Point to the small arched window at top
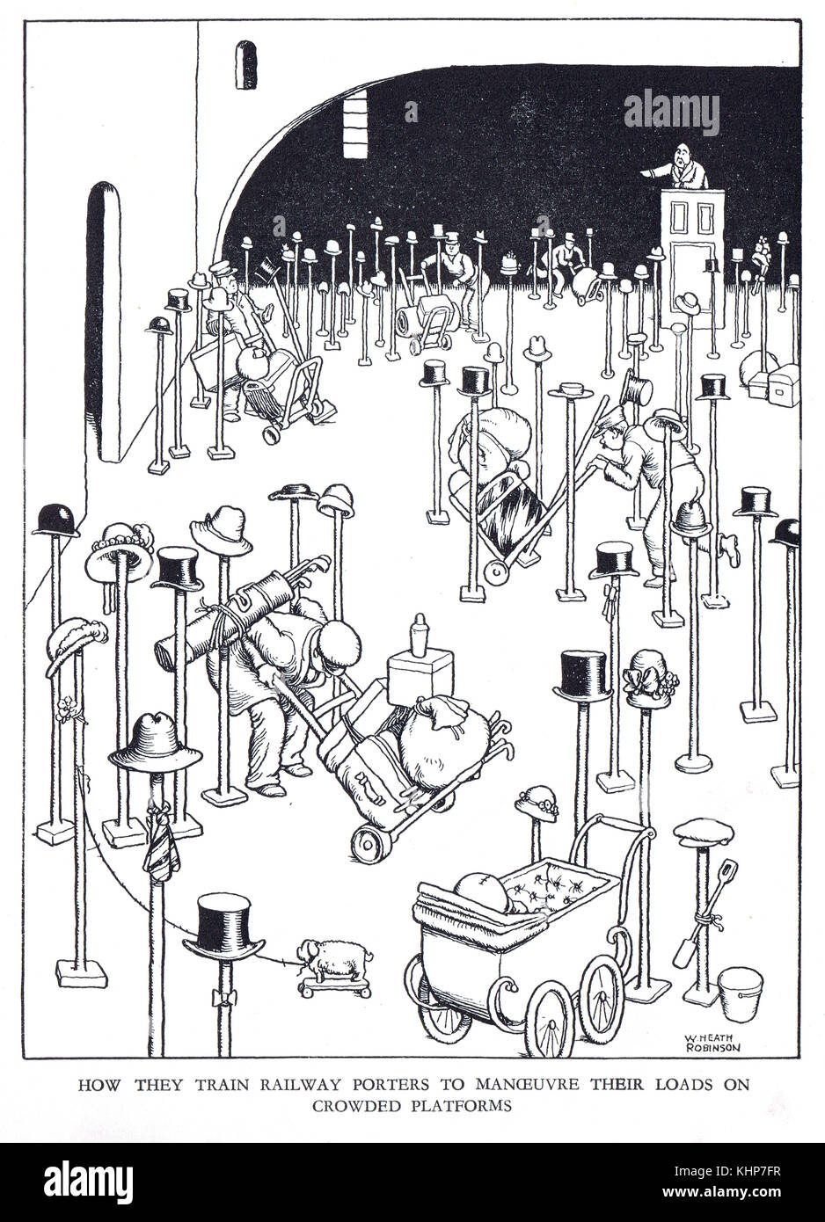pyautogui.click(x=245, y=64)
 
